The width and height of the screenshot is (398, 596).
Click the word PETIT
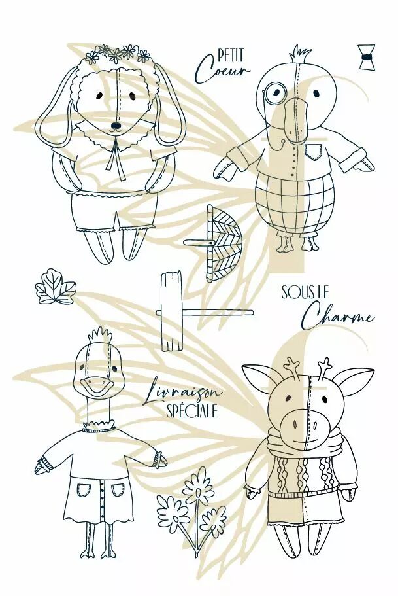pyautogui.click(x=231, y=56)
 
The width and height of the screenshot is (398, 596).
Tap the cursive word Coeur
pyautogui.click(x=222, y=70)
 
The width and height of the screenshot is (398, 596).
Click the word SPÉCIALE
pyautogui.click(x=191, y=411)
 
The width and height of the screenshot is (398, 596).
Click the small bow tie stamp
pyautogui.click(x=367, y=57)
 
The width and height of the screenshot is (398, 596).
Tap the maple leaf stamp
pyautogui.click(x=56, y=287)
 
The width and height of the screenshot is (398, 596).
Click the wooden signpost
pyautogui.click(x=172, y=311)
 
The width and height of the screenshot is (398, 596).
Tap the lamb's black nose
pyautogui.click(x=115, y=125)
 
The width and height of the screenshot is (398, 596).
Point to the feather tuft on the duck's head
pyautogui.click(x=100, y=335)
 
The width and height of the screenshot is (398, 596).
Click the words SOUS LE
pyautogui.click(x=305, y=292)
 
